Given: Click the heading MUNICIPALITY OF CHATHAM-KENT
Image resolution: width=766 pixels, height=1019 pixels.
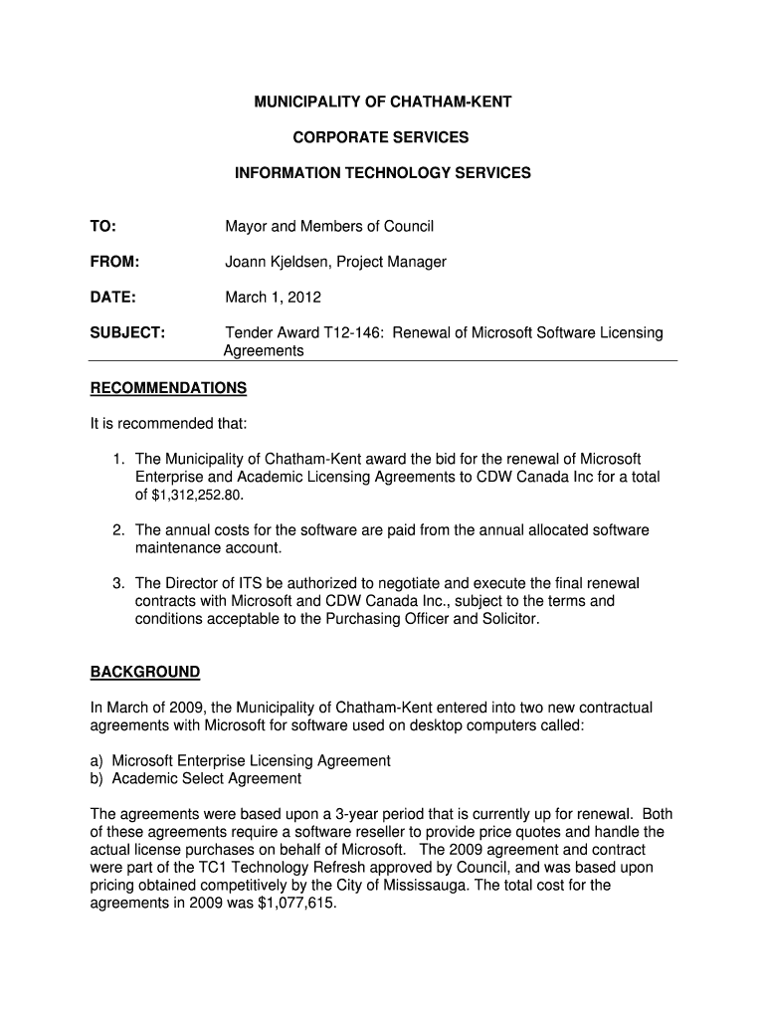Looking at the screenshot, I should click(x=383, y=102).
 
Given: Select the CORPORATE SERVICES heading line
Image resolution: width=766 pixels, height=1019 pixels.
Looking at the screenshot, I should click(x=383, y=137).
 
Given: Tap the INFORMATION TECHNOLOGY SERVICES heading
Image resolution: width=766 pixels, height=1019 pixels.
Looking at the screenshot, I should click(x=383, y=173).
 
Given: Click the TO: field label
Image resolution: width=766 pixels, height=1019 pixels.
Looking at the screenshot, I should click(x=103, y=227).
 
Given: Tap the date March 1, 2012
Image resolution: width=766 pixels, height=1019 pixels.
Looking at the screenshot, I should click(x=273, y=297).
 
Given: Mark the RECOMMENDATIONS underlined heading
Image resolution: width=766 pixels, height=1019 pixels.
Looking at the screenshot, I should click(x=168, y=387).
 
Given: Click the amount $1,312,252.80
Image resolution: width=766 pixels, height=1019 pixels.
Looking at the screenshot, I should click(x=196, y=496).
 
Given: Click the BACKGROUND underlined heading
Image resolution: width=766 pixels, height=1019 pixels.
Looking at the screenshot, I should click(x=145, y=672).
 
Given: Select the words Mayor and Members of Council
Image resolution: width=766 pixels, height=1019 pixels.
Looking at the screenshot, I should click(x=329, y=227).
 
